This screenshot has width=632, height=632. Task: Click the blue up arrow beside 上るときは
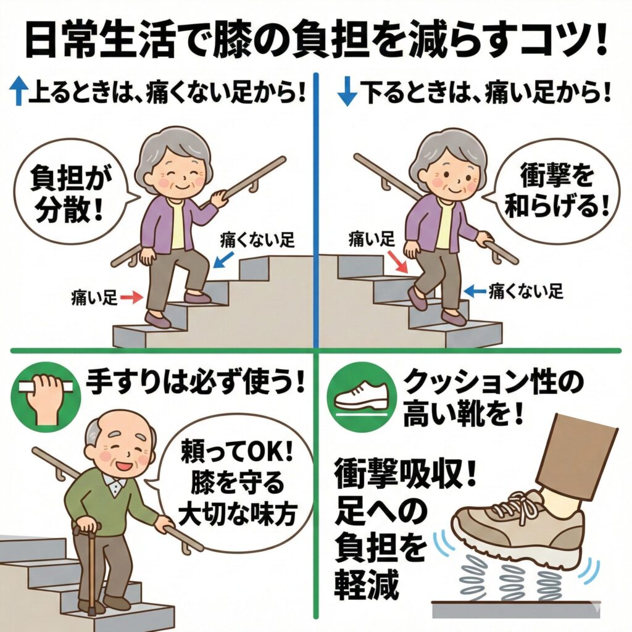(18, 91)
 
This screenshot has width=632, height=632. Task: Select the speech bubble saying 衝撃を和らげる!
(554, 190)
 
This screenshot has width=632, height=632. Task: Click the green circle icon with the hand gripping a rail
(46, 397)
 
